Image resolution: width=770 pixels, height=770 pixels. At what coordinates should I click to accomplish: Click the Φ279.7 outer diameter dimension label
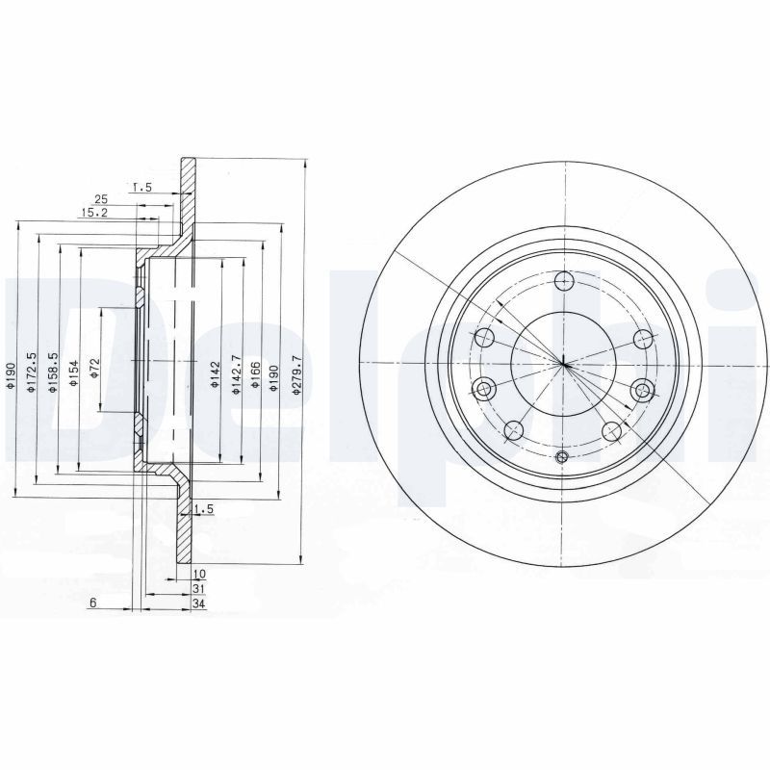click(x=296, y=373)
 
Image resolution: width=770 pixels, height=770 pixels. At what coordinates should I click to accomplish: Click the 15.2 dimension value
click(x=93, y=213)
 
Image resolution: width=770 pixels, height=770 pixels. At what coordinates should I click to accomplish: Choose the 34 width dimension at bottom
click(x=198, y=603)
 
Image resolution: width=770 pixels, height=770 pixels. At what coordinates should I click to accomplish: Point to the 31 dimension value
click(x=198, y=588)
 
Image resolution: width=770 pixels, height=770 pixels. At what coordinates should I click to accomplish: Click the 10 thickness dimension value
click(x=198, y=574)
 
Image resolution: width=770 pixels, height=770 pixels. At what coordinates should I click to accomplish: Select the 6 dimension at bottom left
click(x=92, y=603)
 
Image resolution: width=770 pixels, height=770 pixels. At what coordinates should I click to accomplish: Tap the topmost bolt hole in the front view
click(x=564, y=281)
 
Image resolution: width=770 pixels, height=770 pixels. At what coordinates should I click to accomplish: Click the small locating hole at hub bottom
click(x=563, y=456)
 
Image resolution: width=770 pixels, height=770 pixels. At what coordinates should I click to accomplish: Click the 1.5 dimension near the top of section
click(x=142, y=187)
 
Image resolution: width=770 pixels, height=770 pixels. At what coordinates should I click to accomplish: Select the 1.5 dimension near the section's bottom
click(x=202, y=508)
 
